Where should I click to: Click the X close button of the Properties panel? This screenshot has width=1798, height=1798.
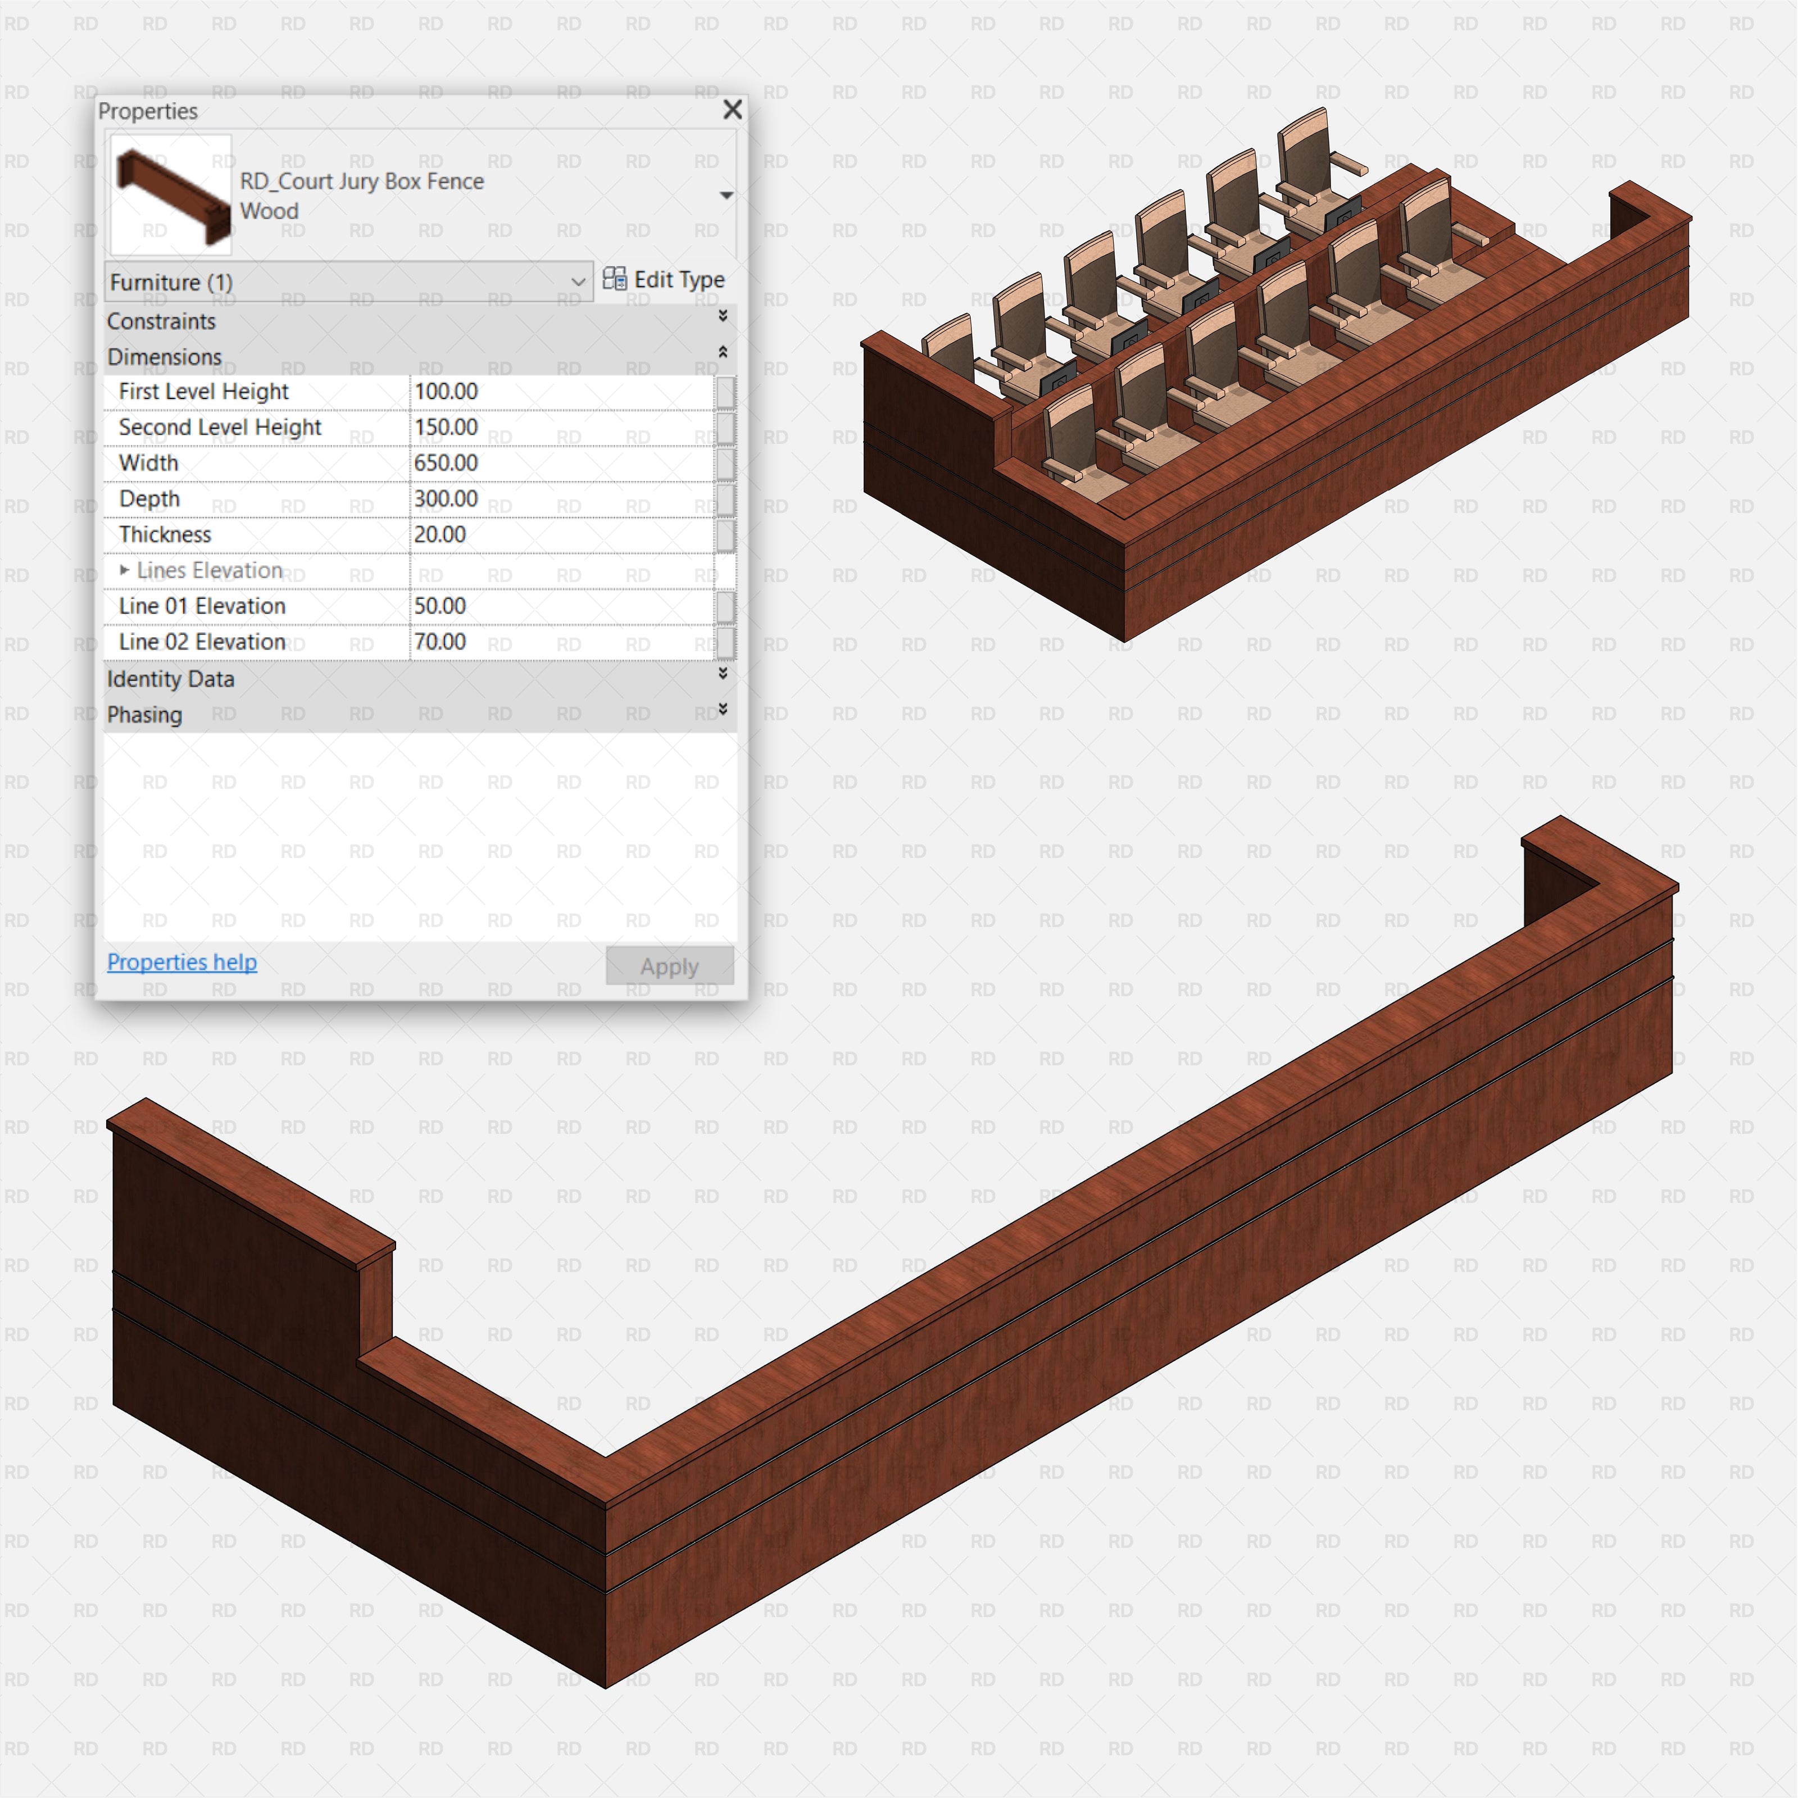pyautogui.click(x=733, y=110)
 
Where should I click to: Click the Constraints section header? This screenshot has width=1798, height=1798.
pyautogui.click(x=161, y=321)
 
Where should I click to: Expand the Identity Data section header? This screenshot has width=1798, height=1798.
pyautogui.click(x=170, y=679)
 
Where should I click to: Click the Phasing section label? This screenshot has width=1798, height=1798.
pyautogui.click(x=144, y=715)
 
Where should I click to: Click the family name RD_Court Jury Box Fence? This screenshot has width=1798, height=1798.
pyautogui.click(x=362, y=181)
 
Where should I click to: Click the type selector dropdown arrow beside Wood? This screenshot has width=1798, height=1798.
pyautogui.click(x=726, y=196)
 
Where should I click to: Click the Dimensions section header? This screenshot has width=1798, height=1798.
pyautogui.click(x=164, y=357)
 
